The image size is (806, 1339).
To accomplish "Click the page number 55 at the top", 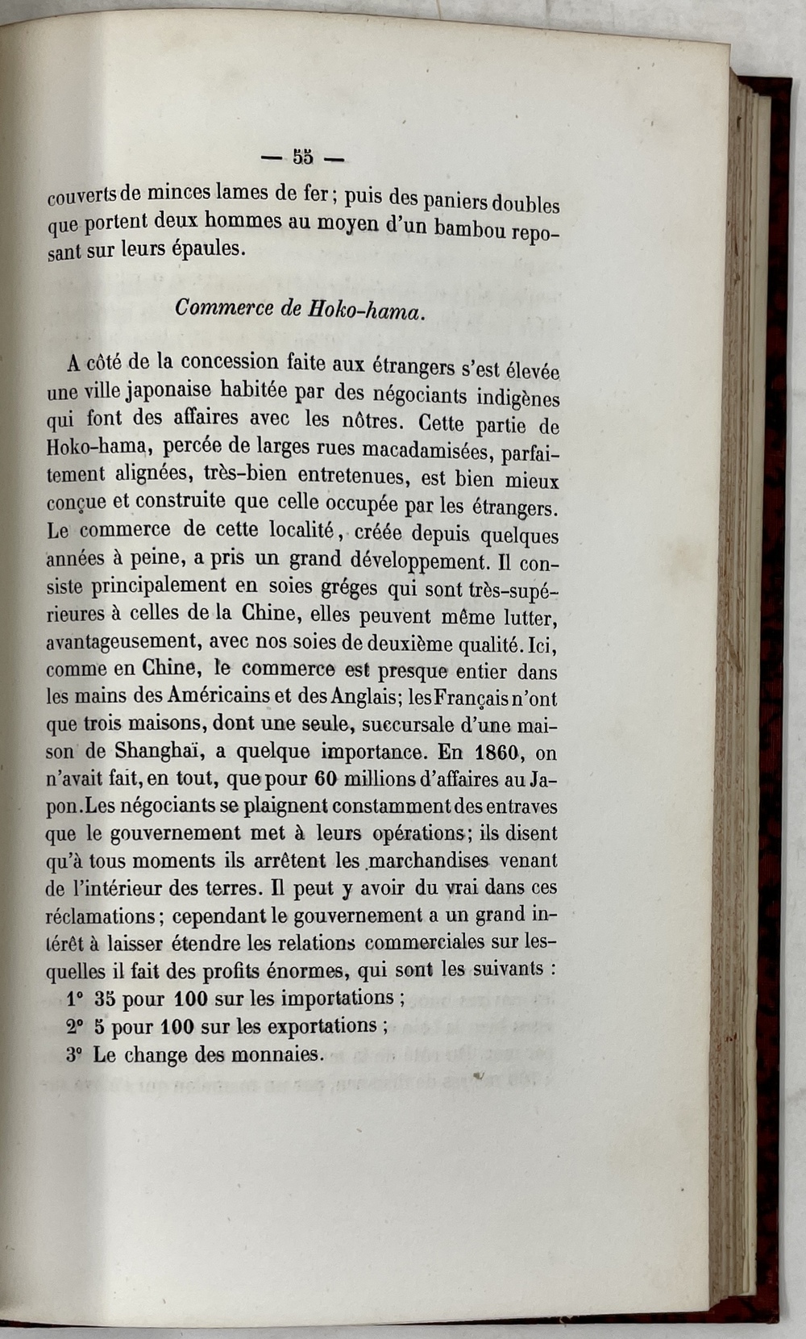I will pos(303,157).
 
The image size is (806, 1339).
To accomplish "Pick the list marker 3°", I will pos(76,1054).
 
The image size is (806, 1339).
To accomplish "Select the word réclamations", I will pos(100,916).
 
